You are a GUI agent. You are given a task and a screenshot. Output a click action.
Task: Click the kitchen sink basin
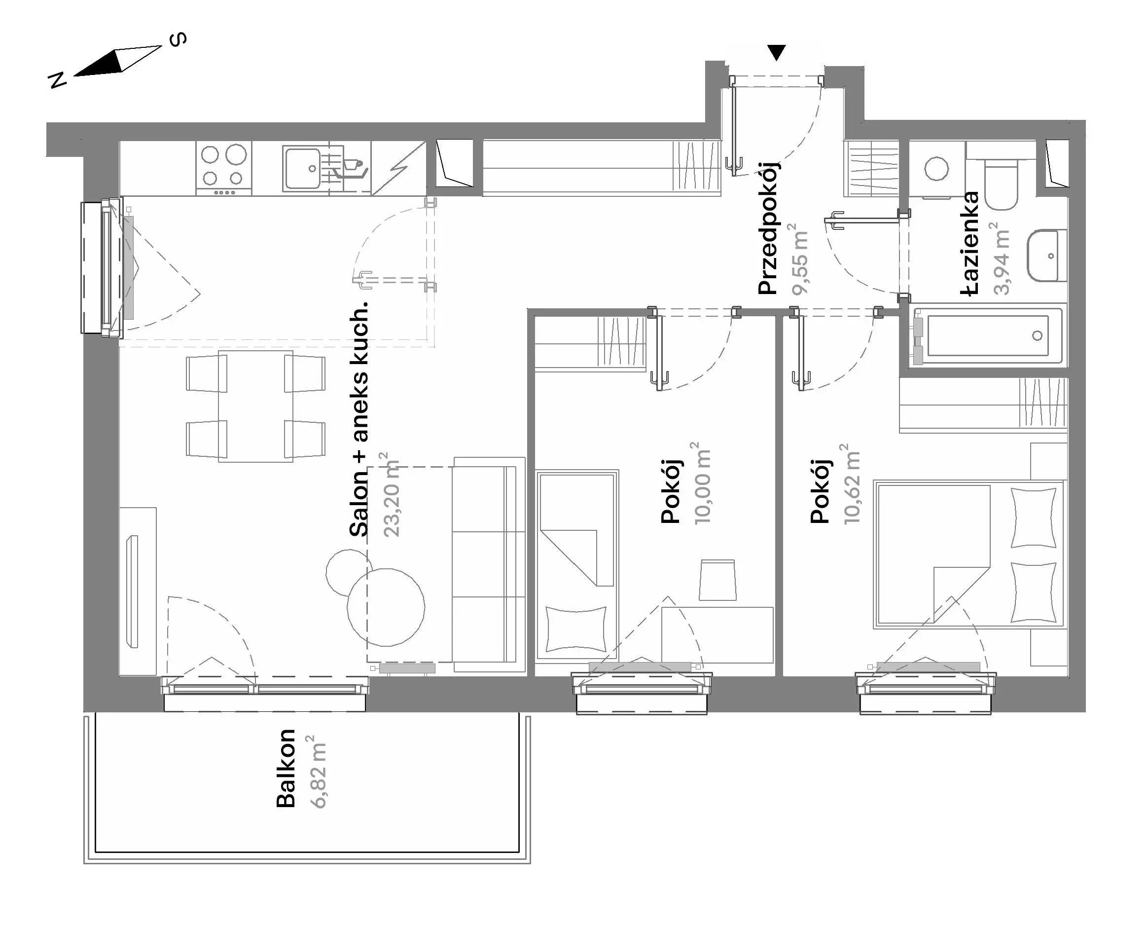[303, 168]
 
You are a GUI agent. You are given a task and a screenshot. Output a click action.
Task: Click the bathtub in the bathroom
[990, 335]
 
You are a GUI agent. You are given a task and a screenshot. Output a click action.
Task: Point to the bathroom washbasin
[1047, 255]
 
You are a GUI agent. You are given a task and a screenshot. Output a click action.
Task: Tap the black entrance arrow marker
[777, 52]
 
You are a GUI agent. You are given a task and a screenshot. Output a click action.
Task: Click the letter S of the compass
[178, 39]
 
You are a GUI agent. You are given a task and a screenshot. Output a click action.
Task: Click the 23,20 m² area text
[391, 494]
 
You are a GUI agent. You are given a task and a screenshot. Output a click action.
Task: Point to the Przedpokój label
[768, 227]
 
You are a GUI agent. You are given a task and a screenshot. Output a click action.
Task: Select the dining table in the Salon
[255, 406]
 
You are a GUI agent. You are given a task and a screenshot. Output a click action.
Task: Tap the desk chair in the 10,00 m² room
[718, 580]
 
